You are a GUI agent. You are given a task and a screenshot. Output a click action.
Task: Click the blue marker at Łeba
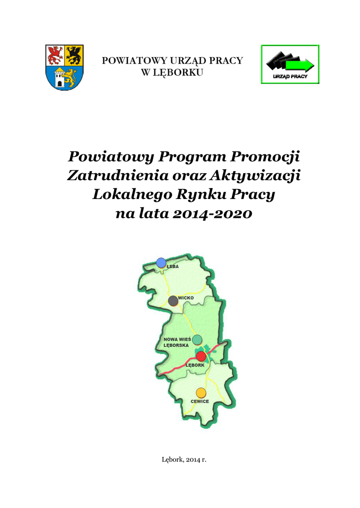coord(161,262)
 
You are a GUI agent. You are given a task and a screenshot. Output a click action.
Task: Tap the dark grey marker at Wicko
coord(173,301)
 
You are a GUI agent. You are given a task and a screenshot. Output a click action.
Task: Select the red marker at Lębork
coord(201,356)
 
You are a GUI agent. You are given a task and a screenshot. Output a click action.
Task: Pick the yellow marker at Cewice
coord(200,392)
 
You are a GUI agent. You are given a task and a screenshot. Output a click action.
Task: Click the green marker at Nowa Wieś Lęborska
coord(197,339)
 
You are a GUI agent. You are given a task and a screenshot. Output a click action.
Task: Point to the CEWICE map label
coord(200,401)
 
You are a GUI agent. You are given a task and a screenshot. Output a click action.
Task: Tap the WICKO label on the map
coord(186,298)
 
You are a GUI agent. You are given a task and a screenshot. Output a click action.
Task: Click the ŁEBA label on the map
coord(172,266)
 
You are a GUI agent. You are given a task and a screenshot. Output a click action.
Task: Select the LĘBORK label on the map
coord(195,365)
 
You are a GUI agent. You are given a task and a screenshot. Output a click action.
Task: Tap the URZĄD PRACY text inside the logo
coord(290,76)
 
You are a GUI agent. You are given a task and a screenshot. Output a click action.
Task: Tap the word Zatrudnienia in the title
coord(115,176)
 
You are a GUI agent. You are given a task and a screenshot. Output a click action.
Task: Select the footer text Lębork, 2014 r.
coord(184,460)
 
